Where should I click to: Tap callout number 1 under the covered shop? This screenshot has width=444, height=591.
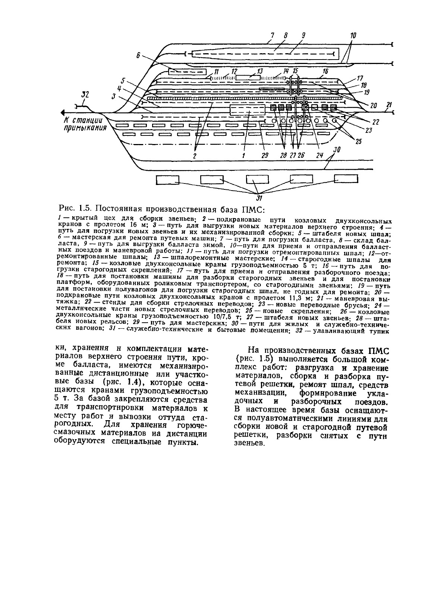[x=243, y=156]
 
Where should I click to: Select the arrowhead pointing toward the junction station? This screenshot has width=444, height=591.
[x=63, y=112]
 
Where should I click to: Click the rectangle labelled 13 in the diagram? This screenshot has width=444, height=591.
[x=248, y=77]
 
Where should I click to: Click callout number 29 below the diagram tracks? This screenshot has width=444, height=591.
[x=265, y=156]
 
